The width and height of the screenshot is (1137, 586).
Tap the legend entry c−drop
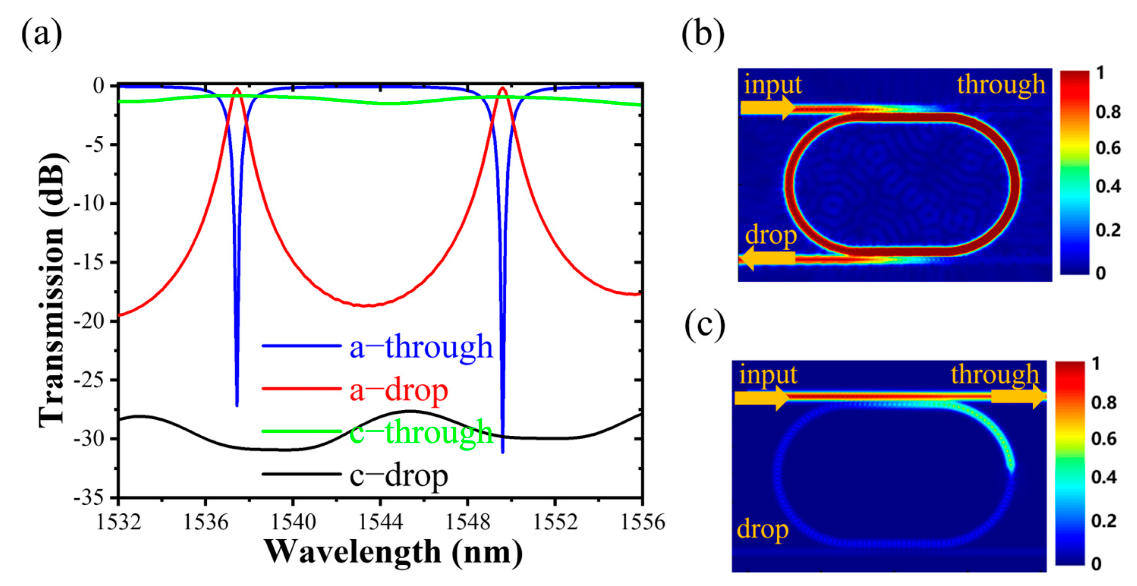tap(398, 476)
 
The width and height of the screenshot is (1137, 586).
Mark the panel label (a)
tap(41, 35)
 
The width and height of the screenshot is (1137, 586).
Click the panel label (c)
tap(705, 326)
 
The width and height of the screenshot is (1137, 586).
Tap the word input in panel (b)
tap(772, 84)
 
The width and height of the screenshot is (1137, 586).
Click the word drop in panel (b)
tap(771, 235)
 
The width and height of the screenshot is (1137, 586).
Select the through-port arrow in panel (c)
tap(1018, 397)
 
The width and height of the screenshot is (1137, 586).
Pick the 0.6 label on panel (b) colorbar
tap(1108, 148)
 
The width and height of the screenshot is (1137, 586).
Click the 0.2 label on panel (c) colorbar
tap(1104, 521)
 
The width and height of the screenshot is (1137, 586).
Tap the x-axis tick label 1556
tap(643, 522)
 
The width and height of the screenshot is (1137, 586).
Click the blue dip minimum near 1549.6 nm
tap(503, 451)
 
